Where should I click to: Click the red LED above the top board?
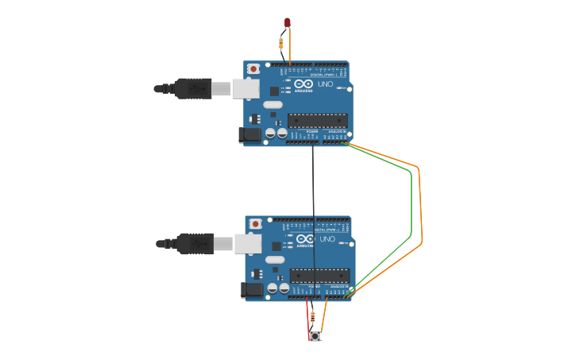click(288, 22)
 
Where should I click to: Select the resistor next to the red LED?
click(281, 43)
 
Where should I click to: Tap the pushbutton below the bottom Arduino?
click(315, 337)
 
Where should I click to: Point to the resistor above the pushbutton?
click(312, 317)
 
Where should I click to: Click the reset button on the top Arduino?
click(253, 69)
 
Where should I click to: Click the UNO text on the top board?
click(326, 83)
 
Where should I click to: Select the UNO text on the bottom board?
click(327, 238)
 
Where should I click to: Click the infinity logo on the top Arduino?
click(303, 83)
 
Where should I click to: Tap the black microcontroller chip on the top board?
click(317, 121)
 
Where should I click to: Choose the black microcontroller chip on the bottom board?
click(319, 276)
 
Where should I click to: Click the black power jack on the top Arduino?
click(250, 135)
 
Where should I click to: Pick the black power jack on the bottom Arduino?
click(252, 290)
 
